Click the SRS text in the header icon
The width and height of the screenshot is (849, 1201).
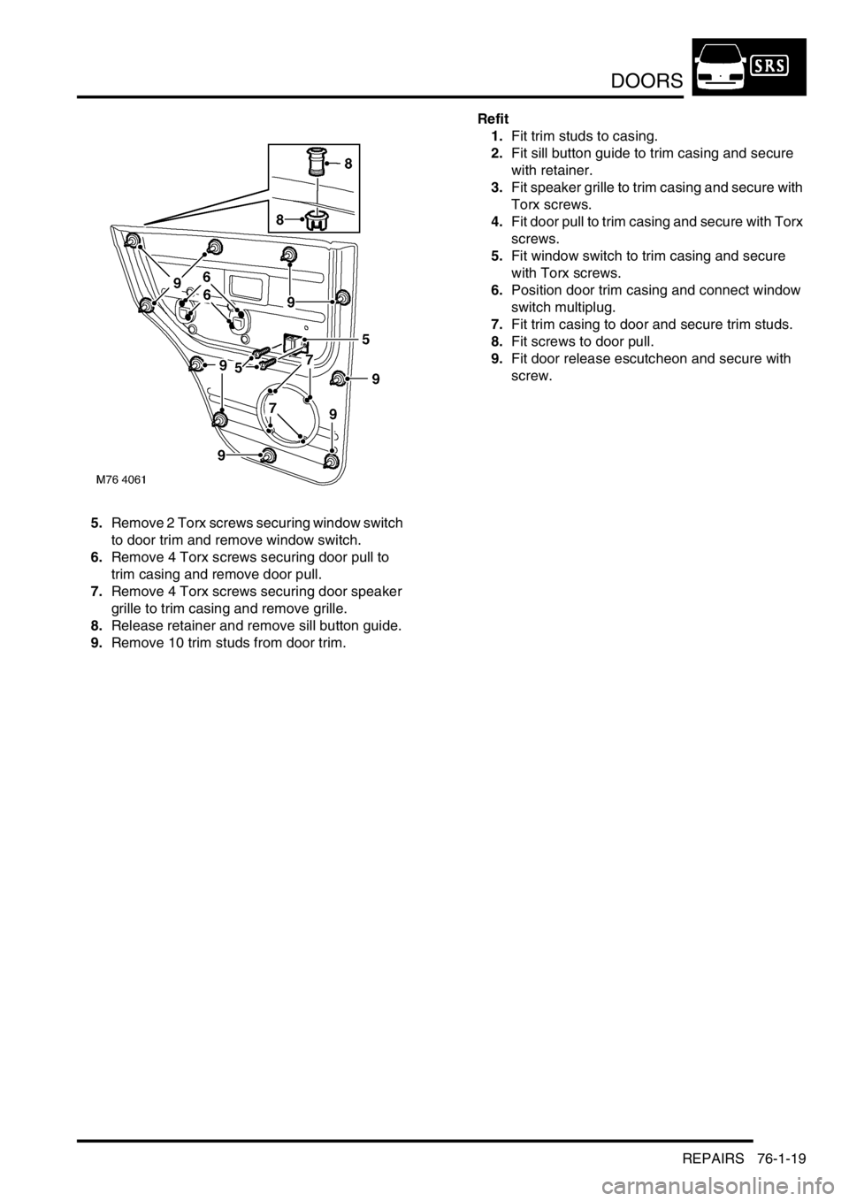(x=771, y=66)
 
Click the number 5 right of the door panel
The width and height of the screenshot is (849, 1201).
(x=364, y=338)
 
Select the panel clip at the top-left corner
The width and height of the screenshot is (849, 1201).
(x=133, y=239)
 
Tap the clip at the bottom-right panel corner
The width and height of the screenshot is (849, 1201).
(x=333, y=461)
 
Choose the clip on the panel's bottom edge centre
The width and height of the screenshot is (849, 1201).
(x=267, y=456)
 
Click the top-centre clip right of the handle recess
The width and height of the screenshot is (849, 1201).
(x=288, y=255)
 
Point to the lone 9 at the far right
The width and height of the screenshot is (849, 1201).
(x=375, y=379)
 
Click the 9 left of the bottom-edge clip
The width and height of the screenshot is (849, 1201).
(x=221, y=456)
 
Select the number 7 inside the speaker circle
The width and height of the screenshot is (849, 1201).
(x=273, y=408)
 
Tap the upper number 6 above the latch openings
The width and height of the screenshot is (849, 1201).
(x=206, y=277)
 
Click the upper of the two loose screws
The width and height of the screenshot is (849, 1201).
(x=259, y=353)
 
